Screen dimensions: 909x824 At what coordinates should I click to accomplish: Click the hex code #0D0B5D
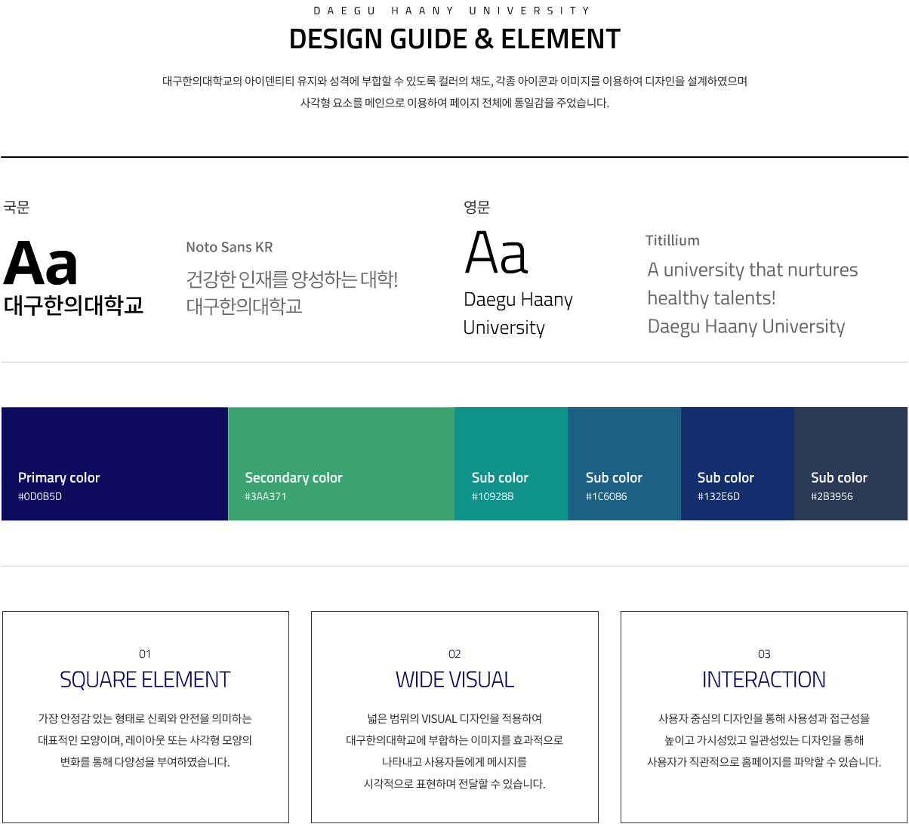pos(40,496)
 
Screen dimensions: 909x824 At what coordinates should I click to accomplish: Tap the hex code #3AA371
pos(266,496)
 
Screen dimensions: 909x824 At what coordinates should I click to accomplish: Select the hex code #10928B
pos(492,496)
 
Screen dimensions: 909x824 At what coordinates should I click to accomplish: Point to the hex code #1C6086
pos(606,496)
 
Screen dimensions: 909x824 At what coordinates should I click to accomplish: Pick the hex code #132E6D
pos(719,496)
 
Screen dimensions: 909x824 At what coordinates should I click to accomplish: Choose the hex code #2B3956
pos(832,496)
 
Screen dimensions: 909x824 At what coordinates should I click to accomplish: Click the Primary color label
pos(59,477)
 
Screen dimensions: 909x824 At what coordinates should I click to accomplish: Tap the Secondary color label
pos(294,477)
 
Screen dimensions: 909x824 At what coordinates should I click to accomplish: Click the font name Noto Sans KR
pos(230,247)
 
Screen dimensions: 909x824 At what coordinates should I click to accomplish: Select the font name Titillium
pos(673,240)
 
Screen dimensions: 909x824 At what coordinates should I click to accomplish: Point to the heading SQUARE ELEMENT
pos(145,679)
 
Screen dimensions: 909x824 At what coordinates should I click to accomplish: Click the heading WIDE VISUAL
pos(454,679)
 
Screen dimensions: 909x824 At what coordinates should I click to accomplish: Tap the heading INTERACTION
pos(763,679)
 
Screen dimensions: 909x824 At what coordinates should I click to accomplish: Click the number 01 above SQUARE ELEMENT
pos(144,654)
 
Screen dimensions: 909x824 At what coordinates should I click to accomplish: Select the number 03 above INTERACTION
pos(764,654)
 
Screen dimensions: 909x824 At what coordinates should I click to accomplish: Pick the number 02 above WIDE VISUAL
pos(454,654)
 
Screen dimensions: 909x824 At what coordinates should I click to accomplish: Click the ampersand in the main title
pos(484,39)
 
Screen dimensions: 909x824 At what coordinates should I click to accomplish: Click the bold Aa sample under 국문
pos(40,263)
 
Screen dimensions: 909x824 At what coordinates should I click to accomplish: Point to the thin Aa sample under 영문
pos(496,252)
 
